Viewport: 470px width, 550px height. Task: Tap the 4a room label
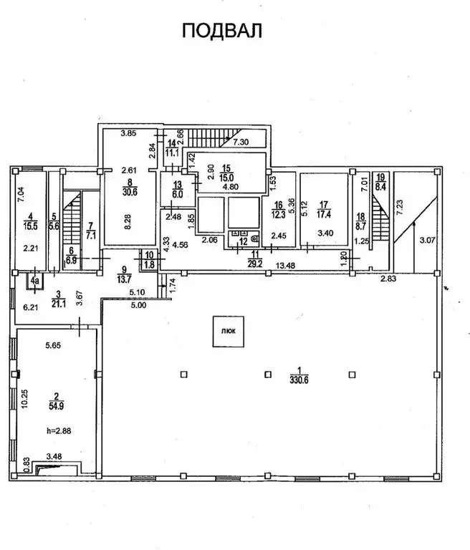pyautogui.click(x=33, y=281)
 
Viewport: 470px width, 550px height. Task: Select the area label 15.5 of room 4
pyautogui.click(x=29, y=226)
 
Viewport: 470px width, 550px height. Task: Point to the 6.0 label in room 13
pyautogui.click(x=178, y=193)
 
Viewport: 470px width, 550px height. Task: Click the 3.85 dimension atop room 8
pyautogui.click(x=128, y=132)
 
